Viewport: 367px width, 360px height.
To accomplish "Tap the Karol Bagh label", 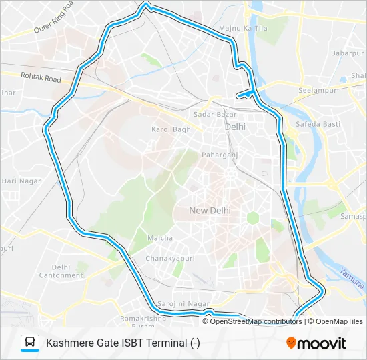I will (x=171, y=129).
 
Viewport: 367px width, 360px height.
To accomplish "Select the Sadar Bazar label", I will (x=211, y=114).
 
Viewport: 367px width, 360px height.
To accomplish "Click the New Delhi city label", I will (x=210, y=210).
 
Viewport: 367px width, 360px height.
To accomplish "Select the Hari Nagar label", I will (x=21, y=181).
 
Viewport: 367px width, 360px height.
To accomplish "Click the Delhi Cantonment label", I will (x=61, y=271).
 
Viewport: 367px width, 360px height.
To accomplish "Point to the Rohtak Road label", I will (x=41, y=79).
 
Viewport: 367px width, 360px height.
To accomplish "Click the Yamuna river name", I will (x=351, y=279).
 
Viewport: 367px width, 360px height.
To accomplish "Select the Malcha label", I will (x=160, y=238).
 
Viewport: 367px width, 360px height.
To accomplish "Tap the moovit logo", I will (x=316, y=343).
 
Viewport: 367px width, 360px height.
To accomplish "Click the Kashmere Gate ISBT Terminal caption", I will (x=123, y=343).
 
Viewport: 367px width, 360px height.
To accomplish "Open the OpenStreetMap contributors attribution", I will (x=252, y=321).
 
